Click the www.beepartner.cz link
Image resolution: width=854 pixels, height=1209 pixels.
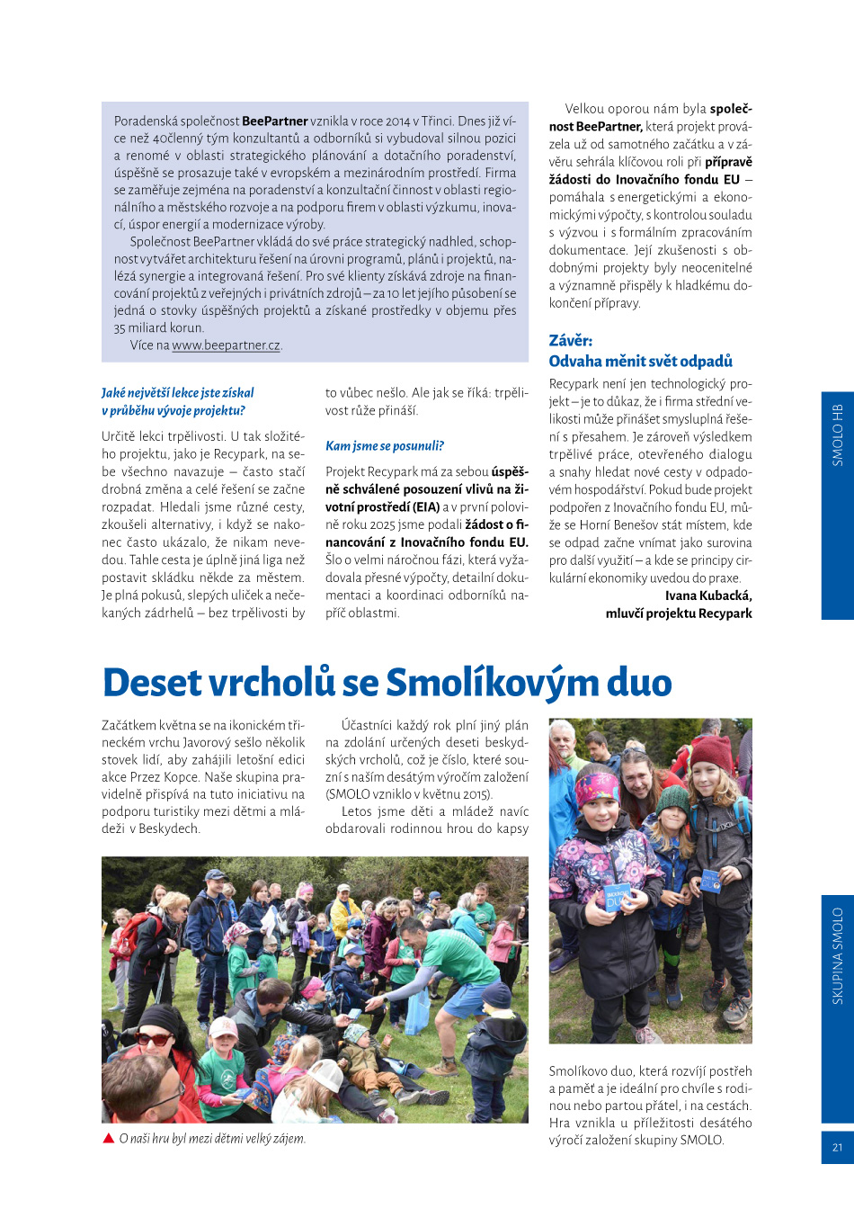[x=227, y=345]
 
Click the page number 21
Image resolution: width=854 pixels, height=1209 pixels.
[x=837, y=1147]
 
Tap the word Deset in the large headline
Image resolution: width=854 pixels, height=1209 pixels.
[x=152, y=683]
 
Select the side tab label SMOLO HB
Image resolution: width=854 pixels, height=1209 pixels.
[x=837, y=434]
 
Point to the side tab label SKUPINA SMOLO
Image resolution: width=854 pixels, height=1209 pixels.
[x=837, y=955]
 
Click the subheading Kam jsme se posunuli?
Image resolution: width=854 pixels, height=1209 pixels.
[x=385, y=446]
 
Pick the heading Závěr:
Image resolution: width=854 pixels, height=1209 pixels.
[x=571, y=341]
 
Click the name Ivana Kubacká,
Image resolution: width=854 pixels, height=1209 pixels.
[x=708, y=596]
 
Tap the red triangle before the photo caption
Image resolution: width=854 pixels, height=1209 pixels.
[x=109, y=1139]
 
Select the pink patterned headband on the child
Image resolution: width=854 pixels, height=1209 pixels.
[x=597, y=788]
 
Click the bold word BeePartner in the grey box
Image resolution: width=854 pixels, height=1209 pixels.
[x=274, y=121]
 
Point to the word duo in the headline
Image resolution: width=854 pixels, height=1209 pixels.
[x=639, y=683]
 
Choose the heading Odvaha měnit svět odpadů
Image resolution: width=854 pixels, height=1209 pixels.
[x=641, y=362]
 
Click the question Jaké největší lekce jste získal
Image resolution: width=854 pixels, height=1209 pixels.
[x=178, y=393]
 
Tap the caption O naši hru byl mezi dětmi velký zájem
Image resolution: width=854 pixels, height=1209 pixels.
[x=212, y=1139]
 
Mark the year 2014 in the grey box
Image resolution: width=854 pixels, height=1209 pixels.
[x=398, y=121]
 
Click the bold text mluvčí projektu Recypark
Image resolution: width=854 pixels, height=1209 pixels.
[x=679, y=613]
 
